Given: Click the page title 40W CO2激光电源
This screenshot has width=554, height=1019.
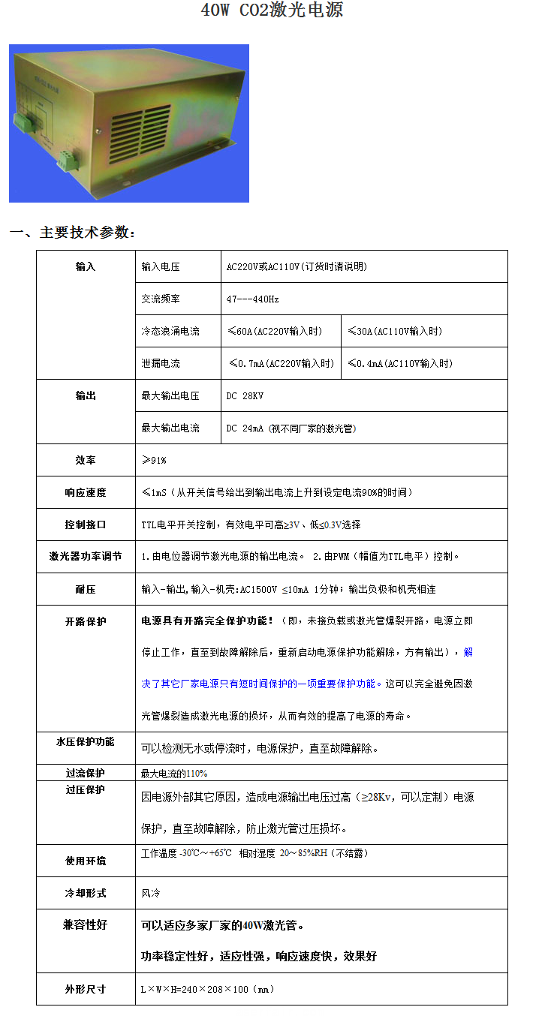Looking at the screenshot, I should (272, 11).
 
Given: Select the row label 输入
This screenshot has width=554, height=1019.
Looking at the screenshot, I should (86, 266).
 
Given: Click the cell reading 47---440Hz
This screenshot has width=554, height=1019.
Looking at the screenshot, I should (253, 299).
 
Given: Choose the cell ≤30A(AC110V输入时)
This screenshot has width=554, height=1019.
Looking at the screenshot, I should (396, 331).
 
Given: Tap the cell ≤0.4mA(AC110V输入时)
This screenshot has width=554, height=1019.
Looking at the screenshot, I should (401, 363).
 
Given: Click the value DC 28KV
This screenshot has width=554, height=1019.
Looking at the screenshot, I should (245, 395).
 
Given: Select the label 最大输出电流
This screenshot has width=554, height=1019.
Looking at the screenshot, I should (170, 428).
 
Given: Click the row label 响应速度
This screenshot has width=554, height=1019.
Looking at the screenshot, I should (86, 492).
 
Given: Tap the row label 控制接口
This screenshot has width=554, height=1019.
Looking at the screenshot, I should (86, 525).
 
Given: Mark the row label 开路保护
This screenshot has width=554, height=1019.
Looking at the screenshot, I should (86, 621).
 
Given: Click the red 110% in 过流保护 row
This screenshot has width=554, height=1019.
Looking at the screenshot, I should (197, 773).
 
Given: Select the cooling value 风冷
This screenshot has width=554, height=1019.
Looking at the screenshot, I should (149, 893).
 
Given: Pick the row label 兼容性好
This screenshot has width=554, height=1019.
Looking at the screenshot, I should (86, 925).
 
